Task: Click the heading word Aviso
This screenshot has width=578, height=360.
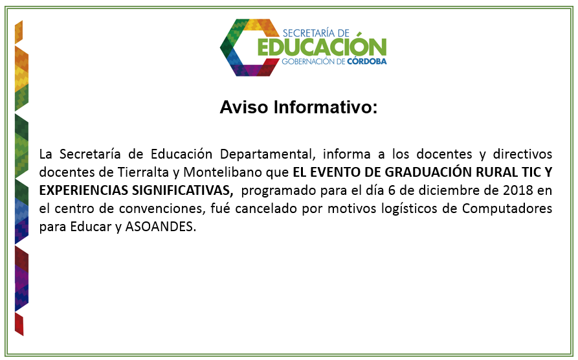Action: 243,107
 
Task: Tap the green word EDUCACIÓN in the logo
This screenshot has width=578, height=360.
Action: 322,47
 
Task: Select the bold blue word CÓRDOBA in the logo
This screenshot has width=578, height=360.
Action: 367,62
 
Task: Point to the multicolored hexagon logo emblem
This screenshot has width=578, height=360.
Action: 250,47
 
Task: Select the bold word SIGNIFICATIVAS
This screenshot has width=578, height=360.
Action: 183,190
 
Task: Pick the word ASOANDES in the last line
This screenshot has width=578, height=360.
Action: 161,227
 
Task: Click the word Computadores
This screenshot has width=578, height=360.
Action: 507,208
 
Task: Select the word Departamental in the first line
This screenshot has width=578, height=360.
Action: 267,154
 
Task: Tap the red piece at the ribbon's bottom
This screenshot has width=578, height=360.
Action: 19,324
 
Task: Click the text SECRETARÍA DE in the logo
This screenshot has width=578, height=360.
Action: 316,33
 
